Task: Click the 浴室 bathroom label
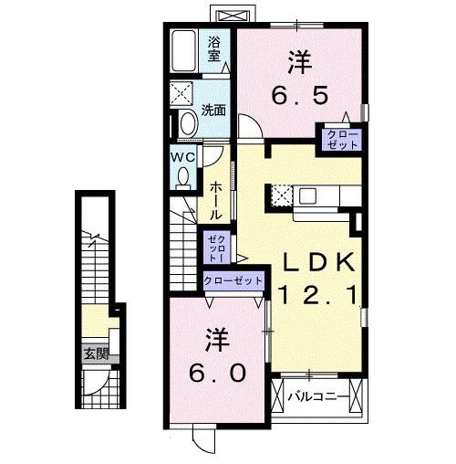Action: (214, 47)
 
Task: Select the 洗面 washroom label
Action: (214, 110)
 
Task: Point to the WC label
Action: (183, 156)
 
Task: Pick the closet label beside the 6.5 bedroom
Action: (338, 139)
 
